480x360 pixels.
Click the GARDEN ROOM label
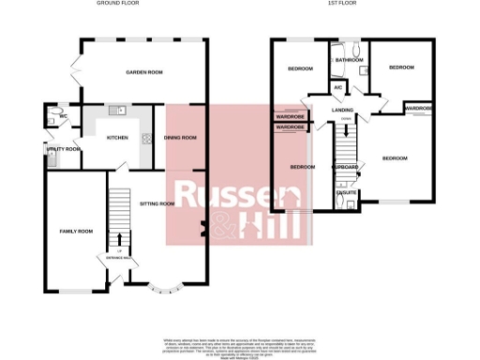click(145, 72)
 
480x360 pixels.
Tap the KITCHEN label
click(117, 138)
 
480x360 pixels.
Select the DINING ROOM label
click(180, 138)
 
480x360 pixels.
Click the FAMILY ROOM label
click(76, 231)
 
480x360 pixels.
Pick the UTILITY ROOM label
click(63, 149)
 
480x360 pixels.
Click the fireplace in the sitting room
click(203, 228)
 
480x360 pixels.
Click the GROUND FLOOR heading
click(118, 4)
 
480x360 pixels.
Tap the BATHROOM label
click(351, 60)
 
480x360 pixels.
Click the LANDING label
click(342, 110)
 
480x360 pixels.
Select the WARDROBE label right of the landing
click(419, 108)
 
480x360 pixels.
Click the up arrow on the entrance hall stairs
click(119, 238)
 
